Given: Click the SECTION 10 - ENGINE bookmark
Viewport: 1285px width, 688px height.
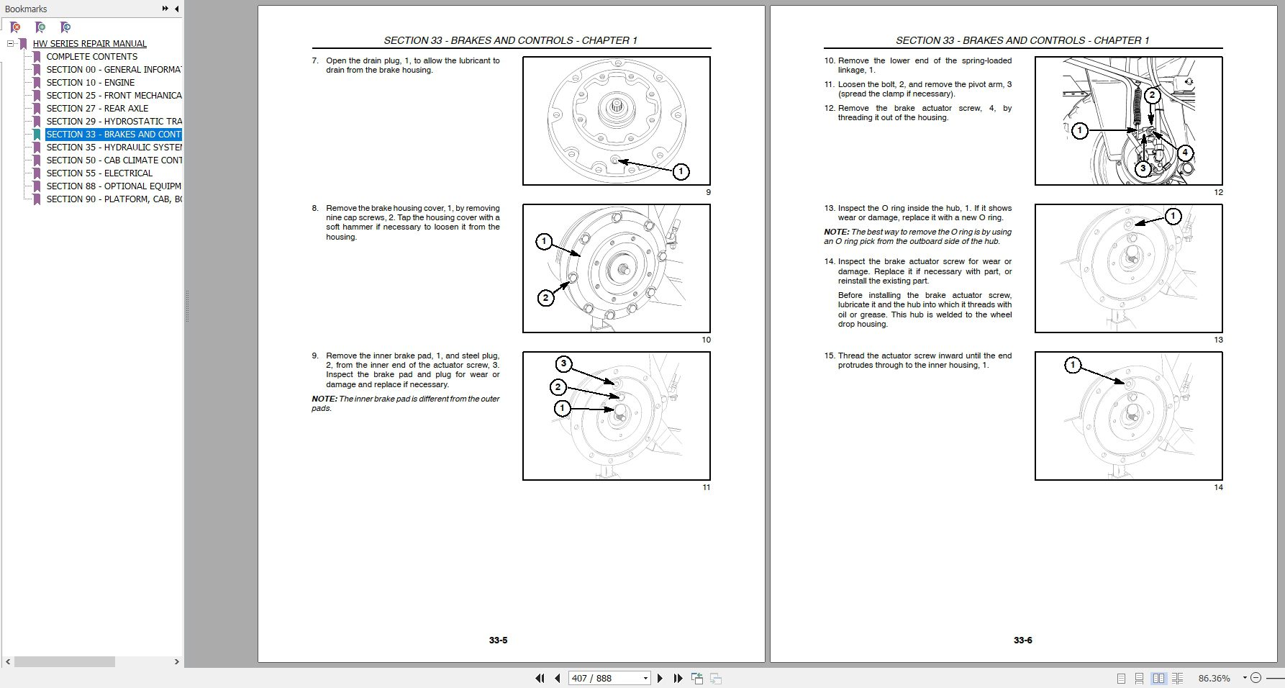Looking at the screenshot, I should click(90, 83).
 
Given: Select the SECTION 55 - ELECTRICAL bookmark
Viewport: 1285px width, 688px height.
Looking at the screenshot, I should click(99, 173).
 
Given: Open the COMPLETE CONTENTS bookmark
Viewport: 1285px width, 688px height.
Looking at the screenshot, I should click(91, 57).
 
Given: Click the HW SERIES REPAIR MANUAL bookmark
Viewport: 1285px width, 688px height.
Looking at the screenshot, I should click(89, 44).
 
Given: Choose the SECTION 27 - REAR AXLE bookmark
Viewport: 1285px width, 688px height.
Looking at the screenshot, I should click(97, 109).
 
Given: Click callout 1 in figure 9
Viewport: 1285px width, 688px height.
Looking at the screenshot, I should click(681, 171).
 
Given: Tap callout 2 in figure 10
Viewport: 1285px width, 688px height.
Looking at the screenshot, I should click(545, 297).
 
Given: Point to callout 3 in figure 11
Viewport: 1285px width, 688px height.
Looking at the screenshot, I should click(563, 363).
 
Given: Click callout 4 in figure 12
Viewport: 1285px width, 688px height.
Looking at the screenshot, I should click(1184, 153).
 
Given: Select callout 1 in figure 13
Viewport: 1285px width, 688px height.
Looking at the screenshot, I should click(1173, 216).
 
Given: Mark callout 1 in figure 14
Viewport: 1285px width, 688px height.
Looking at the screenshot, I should click(1072, 365).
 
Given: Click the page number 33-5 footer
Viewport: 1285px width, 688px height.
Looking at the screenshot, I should click(498, 641).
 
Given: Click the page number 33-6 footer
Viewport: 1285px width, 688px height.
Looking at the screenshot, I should click(1022, 641).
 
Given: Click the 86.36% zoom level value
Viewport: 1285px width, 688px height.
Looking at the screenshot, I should click(1214, 678).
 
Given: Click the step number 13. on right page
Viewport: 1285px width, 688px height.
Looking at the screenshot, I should click(830, 209).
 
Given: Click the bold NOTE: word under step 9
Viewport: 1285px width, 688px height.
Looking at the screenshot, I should click(324, 399).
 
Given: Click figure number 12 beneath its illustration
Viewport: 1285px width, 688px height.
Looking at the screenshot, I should click(1218, 192).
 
